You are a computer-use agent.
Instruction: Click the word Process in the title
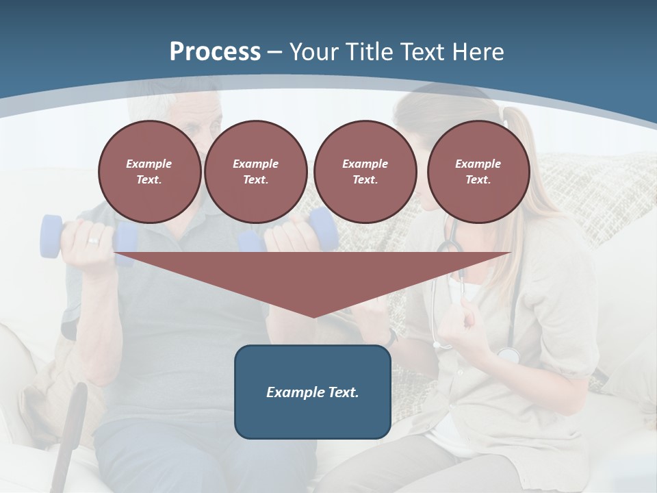pyautogui.click(x=215, y=52)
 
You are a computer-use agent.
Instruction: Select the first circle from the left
pyautogui.click(x=150, y=172)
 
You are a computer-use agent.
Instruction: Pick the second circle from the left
pyautogui.click(x=256, y=172)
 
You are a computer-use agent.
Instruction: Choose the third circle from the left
pyautogui.click(x=365, y=172)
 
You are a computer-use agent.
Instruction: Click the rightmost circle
pyautogui.click(x=478, y=172)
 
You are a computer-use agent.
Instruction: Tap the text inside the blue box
pyautogui.click(x=313, y=392)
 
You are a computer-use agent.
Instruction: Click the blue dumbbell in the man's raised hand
pyautogui.click(x=52, y=237)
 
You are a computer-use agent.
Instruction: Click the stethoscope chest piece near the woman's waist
pyautogui.click(x=508, y=355)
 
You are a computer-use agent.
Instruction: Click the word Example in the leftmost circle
pyautogui.click(x=149, y=164)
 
